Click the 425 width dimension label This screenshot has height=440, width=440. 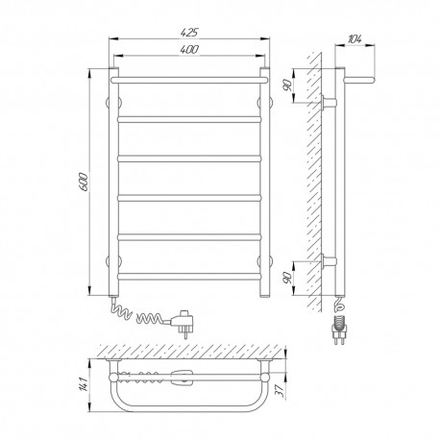(189, 33)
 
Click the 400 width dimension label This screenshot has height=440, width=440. (189, 49)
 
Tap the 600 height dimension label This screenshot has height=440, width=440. (83, 182)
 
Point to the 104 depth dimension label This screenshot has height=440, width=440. (354, 39)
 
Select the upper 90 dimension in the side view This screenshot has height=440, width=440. (286, 86)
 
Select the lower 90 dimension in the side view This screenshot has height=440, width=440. (287, 278)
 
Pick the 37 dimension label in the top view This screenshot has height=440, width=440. (281, 391)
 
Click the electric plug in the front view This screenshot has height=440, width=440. (182, 322)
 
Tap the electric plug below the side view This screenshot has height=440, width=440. (339, 330)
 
